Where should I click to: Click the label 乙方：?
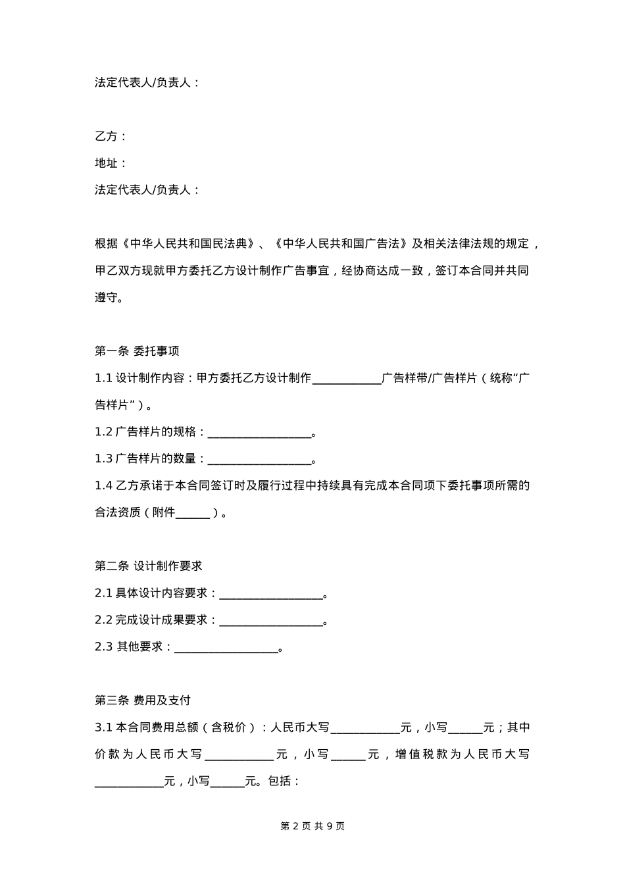pos(111,136)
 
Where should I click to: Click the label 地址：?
pos(111,163)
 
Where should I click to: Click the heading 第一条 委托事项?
pos(137,351)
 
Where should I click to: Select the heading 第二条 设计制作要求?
pos(148,566)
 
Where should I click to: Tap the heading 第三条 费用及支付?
pos(142,700)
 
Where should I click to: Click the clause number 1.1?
pos(103,378)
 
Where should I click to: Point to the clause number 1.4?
pos(103,485)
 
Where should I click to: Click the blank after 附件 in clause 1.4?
pos(193,513)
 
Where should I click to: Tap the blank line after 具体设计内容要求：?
pos(270,594)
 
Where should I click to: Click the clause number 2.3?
pos(104,647)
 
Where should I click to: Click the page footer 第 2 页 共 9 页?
pos(312,826)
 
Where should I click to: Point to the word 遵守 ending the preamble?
pos(106,297)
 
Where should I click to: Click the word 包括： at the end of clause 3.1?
pos(284,781)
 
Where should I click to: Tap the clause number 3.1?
pos(103,727)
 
